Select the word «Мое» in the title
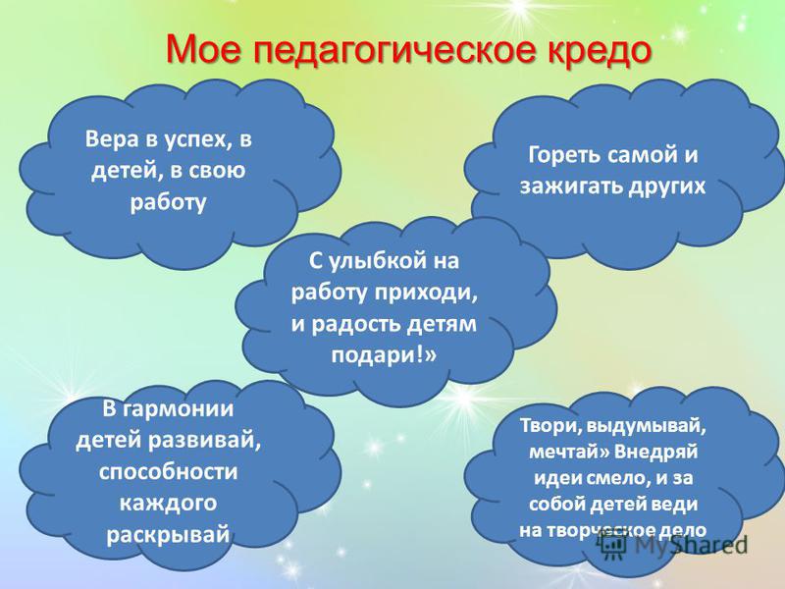pos(205,49)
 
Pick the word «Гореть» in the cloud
pos(563,155)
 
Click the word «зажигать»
pos(570,187)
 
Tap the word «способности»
pos(168,472)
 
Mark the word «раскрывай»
pos(168,535)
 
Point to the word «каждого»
pos(168,504)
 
